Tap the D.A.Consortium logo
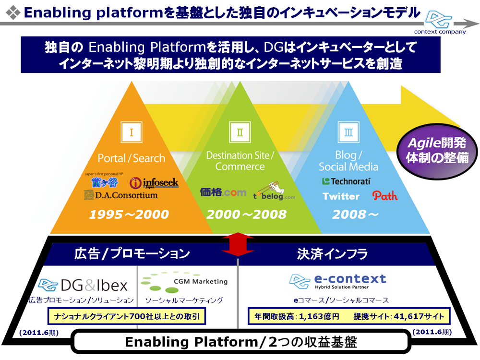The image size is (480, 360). coord(120,195)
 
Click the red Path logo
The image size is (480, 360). coord(385,195)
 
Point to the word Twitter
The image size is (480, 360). coord(341,196)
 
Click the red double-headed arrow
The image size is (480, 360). coord(238,245)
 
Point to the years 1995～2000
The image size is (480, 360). coord(129,215)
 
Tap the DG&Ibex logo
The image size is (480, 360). coord(83,286)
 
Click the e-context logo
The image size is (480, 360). coord(338,281)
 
